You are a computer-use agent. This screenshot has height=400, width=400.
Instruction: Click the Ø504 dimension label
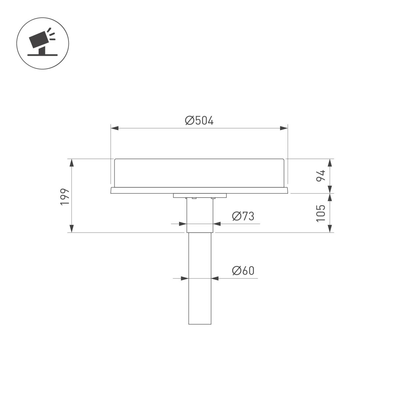click(199, 120)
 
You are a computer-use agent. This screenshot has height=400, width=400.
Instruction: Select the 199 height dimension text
click(65, 197)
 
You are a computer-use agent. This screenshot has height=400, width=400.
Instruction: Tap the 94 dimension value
click(320, 175)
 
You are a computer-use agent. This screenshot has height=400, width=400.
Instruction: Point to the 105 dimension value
click(320, 213)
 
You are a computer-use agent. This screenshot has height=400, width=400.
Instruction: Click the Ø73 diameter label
click(243, 216)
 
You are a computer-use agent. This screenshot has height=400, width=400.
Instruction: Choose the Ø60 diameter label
click(243, 271)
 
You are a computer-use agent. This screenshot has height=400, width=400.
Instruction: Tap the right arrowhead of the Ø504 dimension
click(284, 128)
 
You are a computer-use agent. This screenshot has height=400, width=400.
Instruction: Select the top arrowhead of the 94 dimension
click(330, 163)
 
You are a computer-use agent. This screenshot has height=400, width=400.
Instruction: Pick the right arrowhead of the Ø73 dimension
click(217, 224)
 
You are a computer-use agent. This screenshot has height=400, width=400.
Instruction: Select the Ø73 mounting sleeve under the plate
click(200, 213)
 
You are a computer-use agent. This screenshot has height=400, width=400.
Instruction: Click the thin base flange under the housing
click(199, 190)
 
